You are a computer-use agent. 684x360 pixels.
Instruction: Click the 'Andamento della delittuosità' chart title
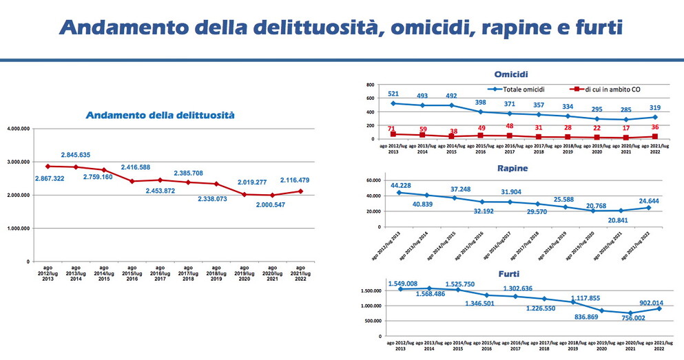point(160,116)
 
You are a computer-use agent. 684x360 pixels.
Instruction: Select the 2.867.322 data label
point(45,179)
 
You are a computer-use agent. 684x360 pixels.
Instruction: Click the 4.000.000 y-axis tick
point(18,129)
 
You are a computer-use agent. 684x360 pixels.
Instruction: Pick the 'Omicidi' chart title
point(511,74)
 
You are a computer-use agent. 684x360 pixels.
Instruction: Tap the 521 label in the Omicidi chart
point(393,94)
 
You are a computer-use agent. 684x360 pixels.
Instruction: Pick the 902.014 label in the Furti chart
point(652,301)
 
